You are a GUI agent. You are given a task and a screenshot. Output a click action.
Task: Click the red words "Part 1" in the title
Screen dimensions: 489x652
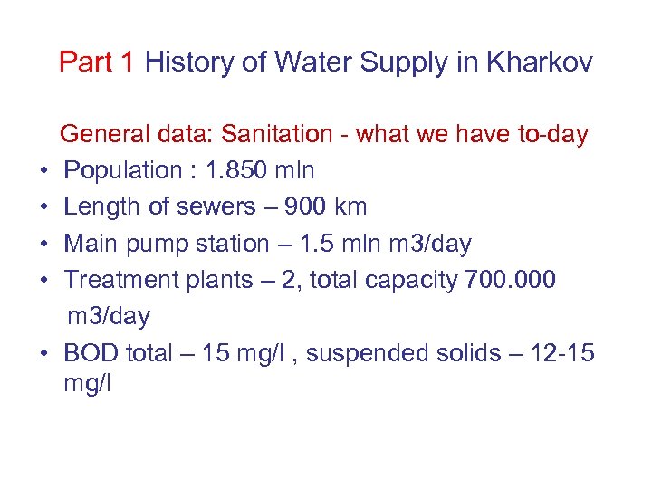(97, 62)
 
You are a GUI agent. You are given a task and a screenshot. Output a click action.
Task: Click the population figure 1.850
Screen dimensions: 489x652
(245, 171)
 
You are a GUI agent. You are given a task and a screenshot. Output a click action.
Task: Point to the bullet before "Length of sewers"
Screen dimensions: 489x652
(43, 207)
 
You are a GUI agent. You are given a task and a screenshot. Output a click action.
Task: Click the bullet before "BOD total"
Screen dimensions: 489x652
(43, 352)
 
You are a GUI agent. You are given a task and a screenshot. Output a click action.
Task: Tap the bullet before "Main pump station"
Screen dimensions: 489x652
(43, 244)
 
